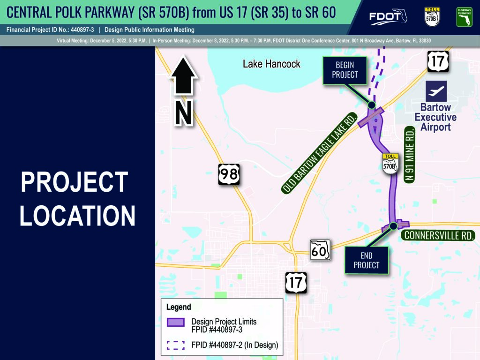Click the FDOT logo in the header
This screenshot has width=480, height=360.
tap(388, 16)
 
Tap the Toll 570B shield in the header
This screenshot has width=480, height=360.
tap(432, 17)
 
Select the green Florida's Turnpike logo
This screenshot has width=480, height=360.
tap(465, 17)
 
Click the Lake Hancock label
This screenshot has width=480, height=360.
tap(271, 64)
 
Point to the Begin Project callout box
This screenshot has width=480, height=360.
tap(345, 70)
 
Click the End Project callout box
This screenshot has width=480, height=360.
tap(367, 260)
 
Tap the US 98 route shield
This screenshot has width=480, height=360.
tap(229, 174)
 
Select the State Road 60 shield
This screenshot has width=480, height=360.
tap(320, 250)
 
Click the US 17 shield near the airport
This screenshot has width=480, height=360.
tap(438, 61)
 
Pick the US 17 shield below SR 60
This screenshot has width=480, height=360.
tap(296, 283)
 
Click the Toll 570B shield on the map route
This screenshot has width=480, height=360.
tap(390, 164)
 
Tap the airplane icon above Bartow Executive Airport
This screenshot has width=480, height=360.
tap(436, 91)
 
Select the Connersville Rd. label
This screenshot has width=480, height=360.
tap(438, 235)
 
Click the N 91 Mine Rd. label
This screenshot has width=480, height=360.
tap(410, 155)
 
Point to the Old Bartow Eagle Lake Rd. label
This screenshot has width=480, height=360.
tap(319, 153)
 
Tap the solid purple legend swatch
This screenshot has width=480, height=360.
tap(176, 322)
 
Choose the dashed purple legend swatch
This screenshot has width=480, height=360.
tap(176, 345)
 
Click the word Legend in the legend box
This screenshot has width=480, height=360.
tap(179, 307)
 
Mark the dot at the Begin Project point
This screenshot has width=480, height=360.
tap(371, 105)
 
